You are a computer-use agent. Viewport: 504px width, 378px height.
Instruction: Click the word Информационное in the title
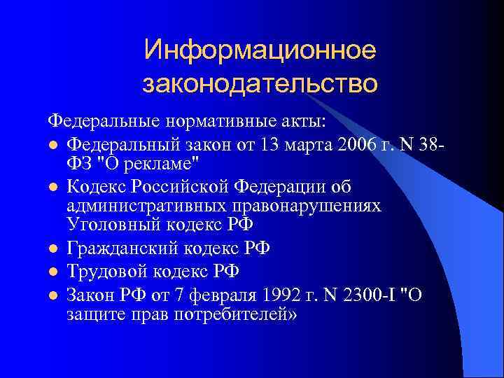(260, 50)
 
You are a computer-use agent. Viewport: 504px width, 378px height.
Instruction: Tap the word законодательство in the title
(260, 84)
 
